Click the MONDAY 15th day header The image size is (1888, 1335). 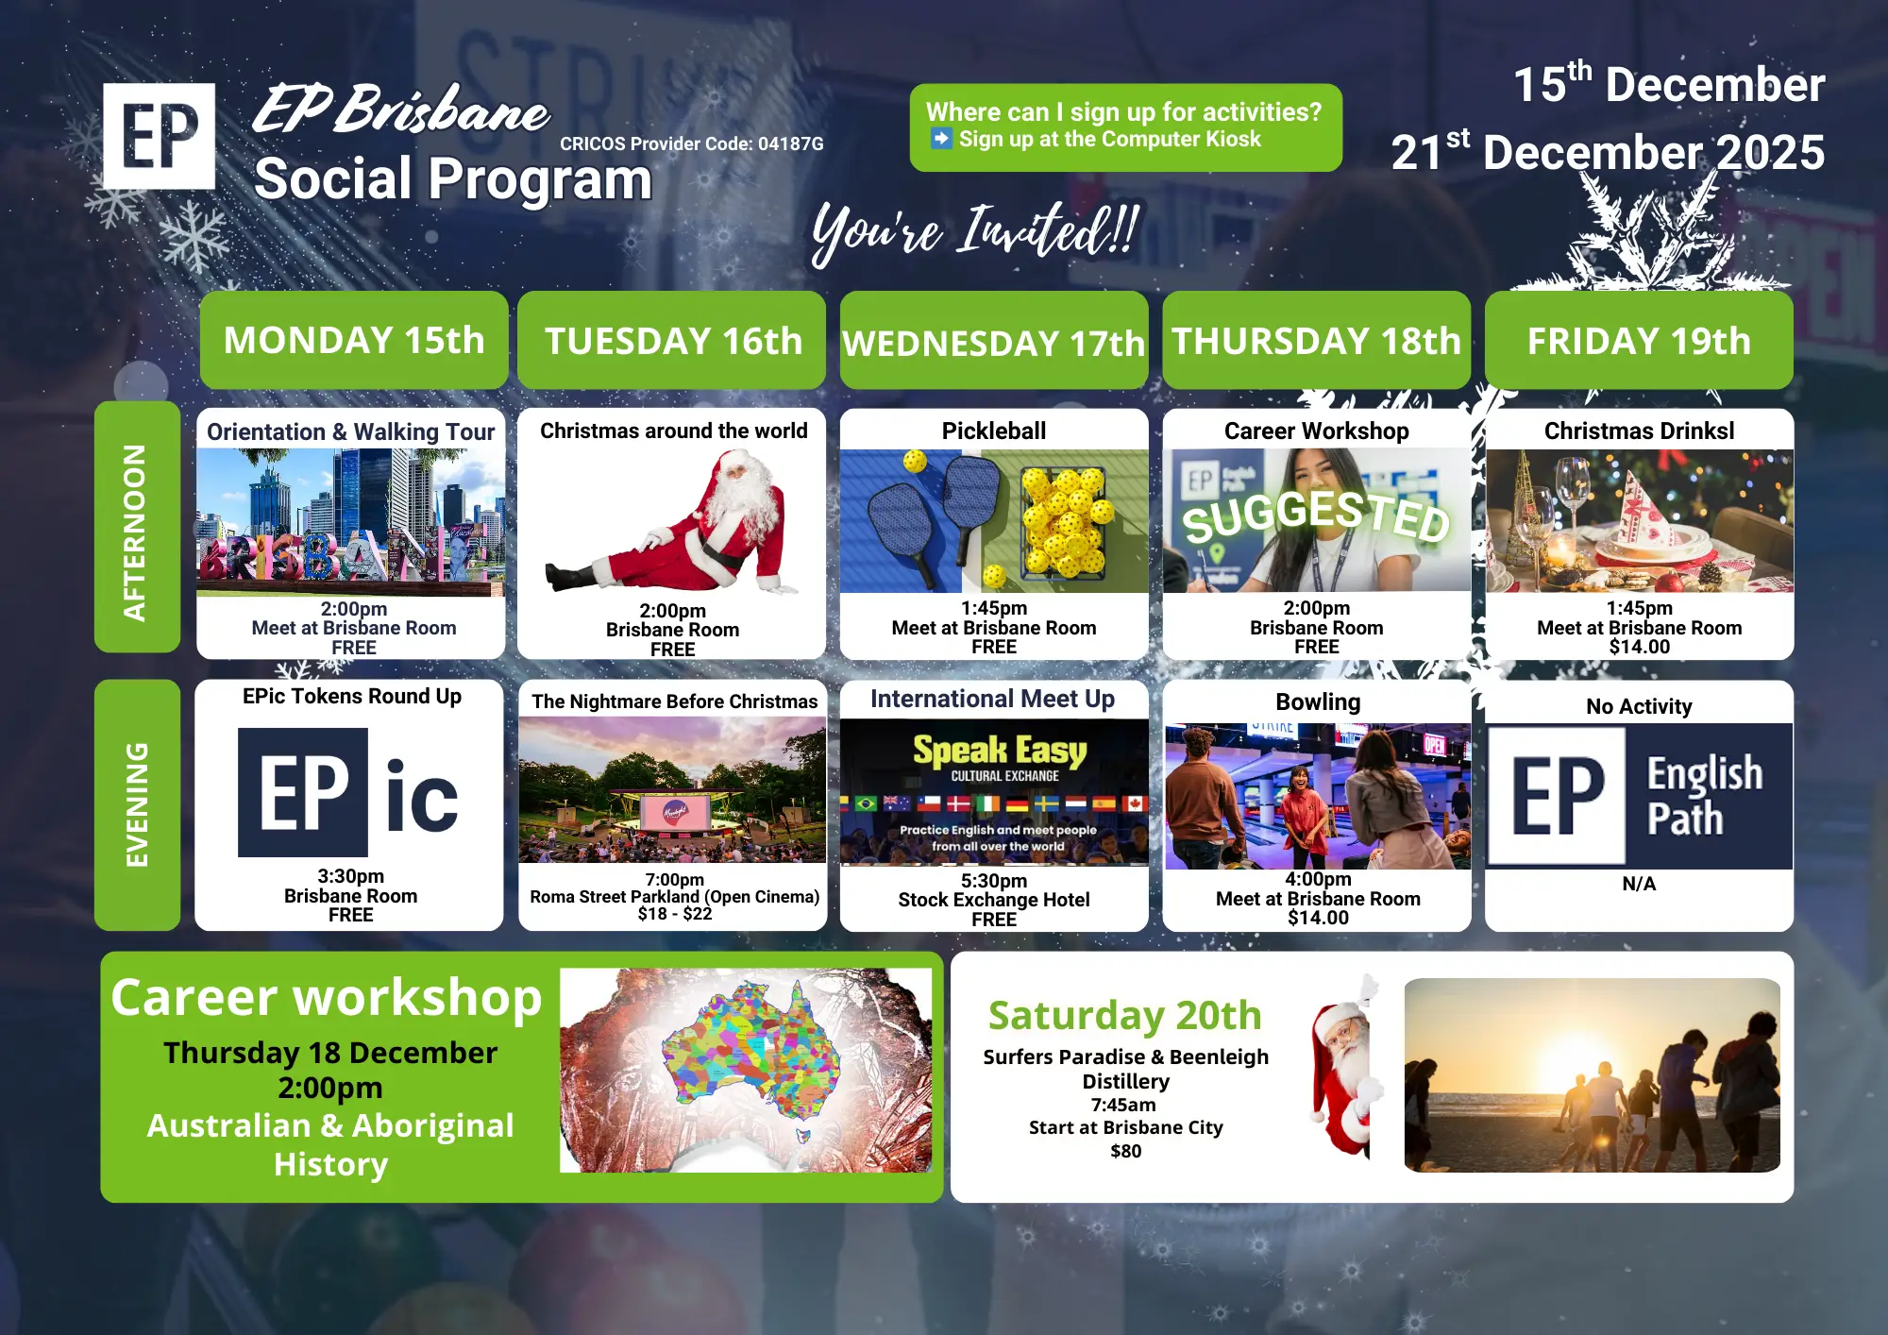coord(354,340)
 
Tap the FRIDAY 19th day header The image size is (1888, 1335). coord(1639,340)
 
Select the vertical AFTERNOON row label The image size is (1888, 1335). coord(137,527)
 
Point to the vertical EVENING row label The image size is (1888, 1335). coord(137,804)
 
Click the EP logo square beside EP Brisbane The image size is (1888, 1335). coord(159,136)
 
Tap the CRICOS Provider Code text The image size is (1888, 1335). coord(692,144)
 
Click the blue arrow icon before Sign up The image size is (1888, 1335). coord(941,139)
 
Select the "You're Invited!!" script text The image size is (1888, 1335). coord(976,231)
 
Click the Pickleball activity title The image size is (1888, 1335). coord(994,431)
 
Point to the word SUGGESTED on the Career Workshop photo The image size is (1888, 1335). coord(1316,515)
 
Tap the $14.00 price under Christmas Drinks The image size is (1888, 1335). coord(1640,647)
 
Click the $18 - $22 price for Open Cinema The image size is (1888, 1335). coord(675,913)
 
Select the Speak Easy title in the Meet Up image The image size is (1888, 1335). coord(1000,751)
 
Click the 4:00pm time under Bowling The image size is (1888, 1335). coord(1318,879)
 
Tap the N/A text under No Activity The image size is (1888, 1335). coord(1639,884)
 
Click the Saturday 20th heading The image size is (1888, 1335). coord(1125,1015)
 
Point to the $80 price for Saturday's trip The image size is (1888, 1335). coord(1126,1151)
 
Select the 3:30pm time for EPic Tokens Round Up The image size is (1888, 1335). coord(350,876)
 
